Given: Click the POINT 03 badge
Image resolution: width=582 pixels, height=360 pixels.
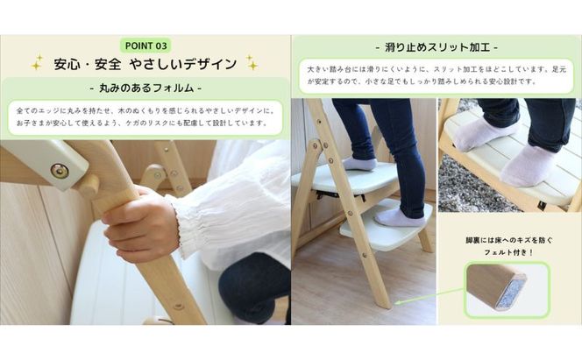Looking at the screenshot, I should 145,45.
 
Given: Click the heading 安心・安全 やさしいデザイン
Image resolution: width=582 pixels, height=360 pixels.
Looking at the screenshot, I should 145,64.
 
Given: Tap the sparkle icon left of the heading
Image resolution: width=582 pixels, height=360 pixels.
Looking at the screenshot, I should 37,63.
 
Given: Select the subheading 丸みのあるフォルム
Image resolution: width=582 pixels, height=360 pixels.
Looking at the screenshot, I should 145,88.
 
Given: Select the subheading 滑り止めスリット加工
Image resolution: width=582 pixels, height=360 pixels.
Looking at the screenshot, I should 436,46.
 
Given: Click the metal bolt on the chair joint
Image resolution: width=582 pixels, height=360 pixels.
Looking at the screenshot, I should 60,171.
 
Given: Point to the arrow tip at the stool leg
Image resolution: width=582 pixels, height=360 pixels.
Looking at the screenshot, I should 397,303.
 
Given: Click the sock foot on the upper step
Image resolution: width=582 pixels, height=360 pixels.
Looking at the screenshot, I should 358,163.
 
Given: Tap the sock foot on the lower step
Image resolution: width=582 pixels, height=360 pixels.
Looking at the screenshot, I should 400,216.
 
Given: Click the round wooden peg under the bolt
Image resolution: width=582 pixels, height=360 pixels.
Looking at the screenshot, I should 87,186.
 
